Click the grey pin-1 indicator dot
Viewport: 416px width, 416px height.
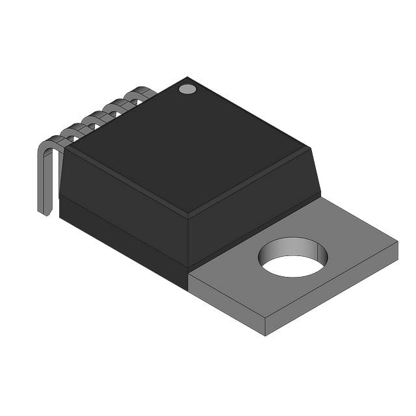tap(187, 88)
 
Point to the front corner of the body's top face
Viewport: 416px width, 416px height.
tap(188, 215)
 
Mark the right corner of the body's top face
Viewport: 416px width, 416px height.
tap(309, 149)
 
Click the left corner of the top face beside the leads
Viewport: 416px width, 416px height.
tap(68, 148)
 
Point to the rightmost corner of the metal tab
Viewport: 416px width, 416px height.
tap(396, 244)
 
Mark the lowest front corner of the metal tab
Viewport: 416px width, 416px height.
tap(265, 334)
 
